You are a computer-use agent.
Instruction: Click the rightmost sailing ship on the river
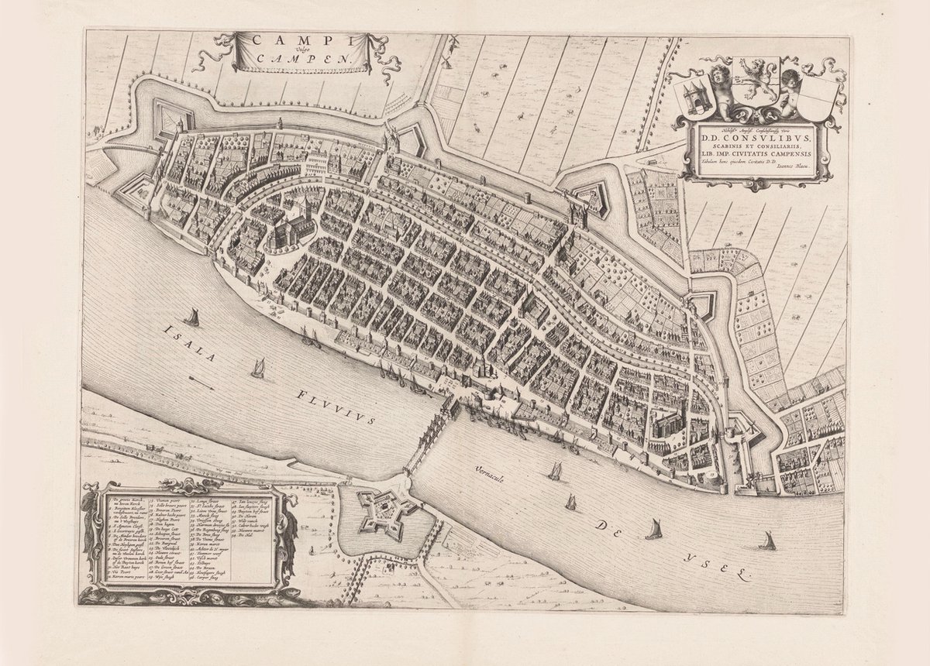[769, 541]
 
